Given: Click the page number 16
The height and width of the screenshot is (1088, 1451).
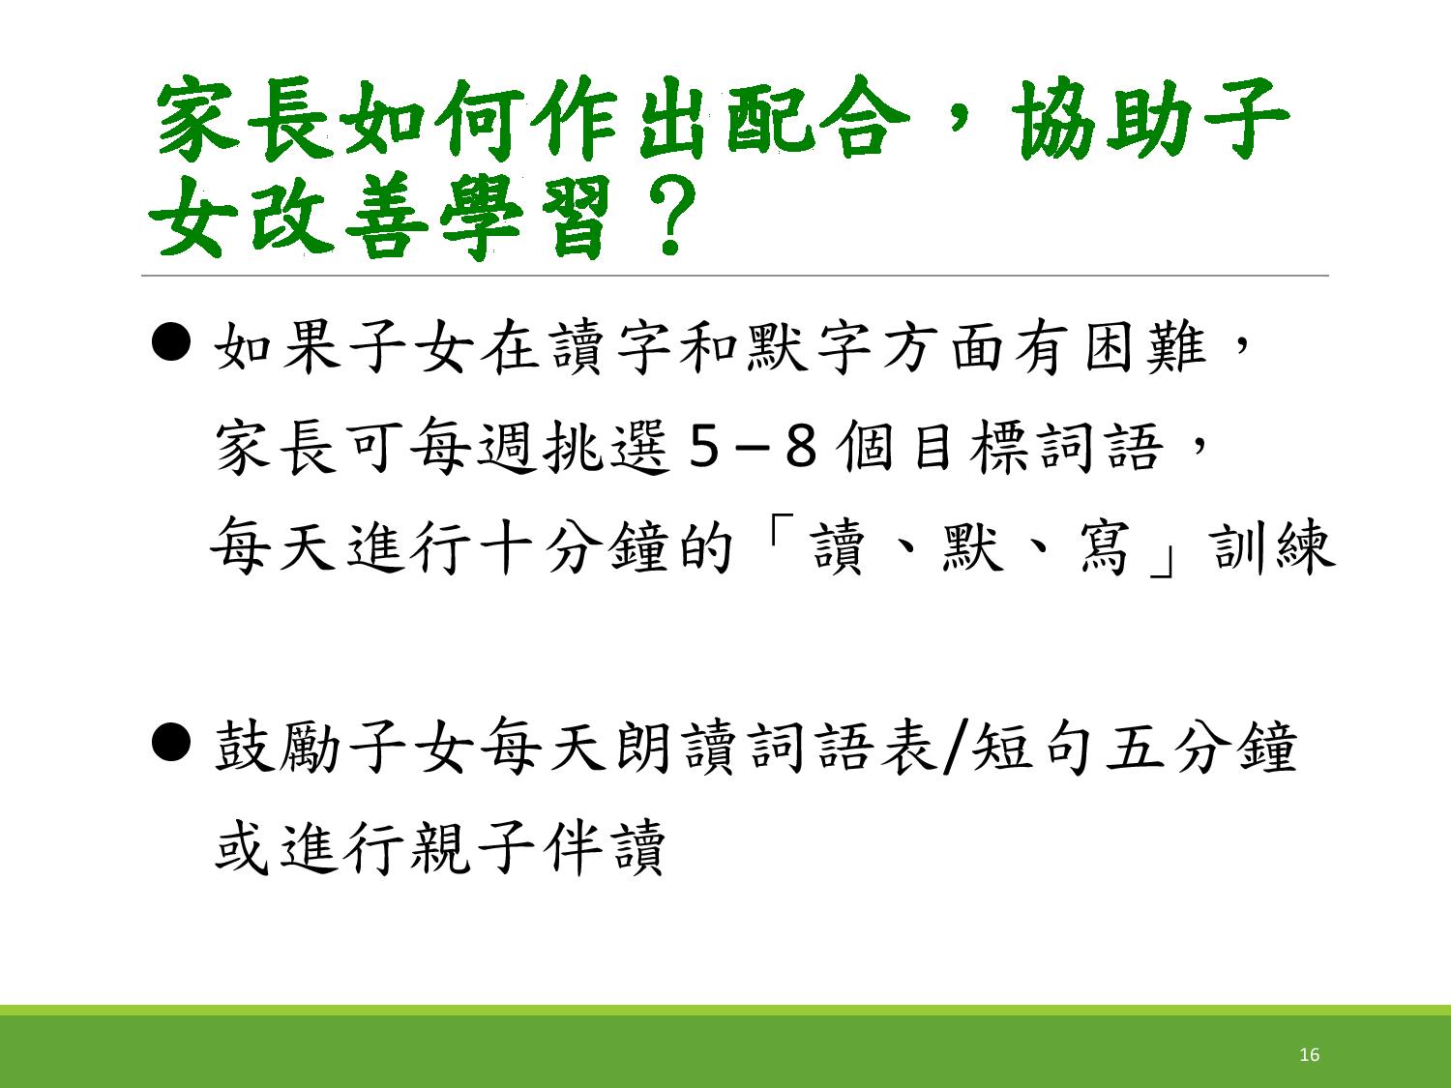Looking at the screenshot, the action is coord(1309,1054).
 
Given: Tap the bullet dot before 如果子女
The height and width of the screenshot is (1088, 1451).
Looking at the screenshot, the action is coord(171,341).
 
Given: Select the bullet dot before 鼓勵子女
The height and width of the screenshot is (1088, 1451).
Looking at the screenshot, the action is coord(171,742).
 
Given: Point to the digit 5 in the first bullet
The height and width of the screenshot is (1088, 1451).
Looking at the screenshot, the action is coord(702,447).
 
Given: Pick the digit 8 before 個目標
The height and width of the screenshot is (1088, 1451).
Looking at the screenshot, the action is coord(801,447).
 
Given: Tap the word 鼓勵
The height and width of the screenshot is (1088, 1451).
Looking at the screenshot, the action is coord(278,747).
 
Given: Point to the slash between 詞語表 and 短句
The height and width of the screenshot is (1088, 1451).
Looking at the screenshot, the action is coord(953,748).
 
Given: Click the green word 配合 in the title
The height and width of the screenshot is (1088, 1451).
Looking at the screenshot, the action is coord(817,119).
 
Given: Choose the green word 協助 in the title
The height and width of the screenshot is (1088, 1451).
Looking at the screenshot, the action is coord(1106,119).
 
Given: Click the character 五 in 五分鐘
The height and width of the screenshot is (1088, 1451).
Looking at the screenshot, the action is coord(1135,748).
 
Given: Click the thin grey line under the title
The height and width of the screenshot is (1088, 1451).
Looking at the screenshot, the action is coord(734,276).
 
